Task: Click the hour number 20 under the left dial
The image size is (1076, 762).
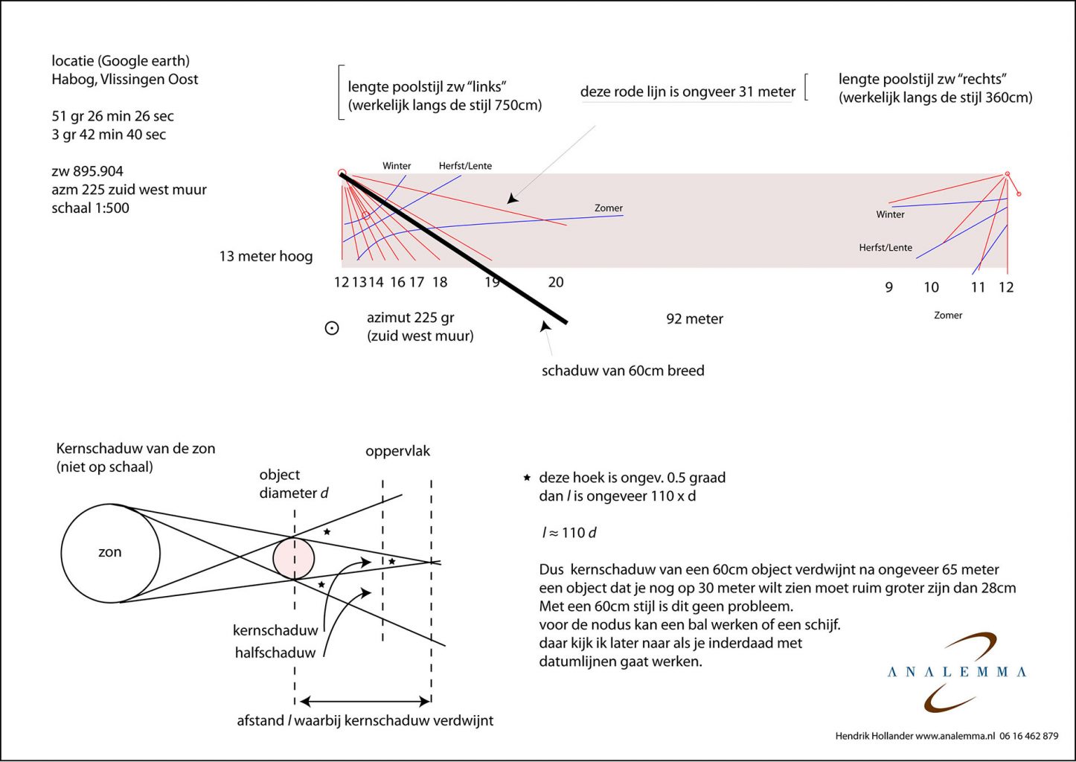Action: [x=556, y=282]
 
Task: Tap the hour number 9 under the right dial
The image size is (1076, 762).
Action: [x=889, y=287]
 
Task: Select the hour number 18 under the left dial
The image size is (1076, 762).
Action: [x=440, y=282]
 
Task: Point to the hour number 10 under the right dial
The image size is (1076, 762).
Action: [x=932, y=287]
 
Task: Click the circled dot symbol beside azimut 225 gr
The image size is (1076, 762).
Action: [x=332, y=328]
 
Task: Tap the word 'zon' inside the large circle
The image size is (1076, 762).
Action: [x=110, y=552]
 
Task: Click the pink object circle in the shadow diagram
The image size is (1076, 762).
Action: [x=293, y=559]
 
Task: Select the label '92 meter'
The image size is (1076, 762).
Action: [x=694, y=319]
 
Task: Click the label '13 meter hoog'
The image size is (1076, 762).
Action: [x=266, y=257]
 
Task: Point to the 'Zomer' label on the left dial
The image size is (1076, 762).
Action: [x=609, y=208]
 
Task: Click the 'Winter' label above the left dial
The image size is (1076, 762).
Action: [x=397, y=166]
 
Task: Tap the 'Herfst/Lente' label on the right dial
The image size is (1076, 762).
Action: [x=886, y=248]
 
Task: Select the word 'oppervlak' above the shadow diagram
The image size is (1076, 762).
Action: [x=398, y=452]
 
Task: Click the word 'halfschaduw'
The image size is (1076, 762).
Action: [x=275, y=653]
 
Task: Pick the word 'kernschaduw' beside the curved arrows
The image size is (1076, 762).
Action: [x=275, y=630]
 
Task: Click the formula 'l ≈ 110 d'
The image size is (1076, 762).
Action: [x=570, y=533]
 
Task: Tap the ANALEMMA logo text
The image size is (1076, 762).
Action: [x=957, y=672]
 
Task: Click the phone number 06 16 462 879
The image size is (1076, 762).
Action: [x=1029, y=736]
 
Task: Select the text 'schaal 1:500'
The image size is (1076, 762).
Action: [x=90, y=208]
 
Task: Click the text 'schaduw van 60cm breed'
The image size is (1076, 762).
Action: [x=623, y=371]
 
